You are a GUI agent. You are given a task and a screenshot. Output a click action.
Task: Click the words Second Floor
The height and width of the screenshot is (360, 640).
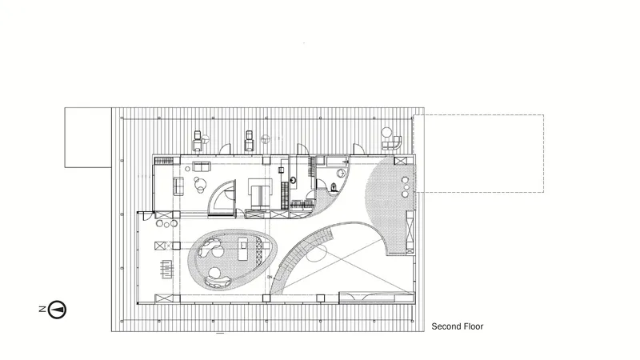[457, 326]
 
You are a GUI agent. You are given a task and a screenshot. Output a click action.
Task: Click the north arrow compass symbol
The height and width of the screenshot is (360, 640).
[57, 310]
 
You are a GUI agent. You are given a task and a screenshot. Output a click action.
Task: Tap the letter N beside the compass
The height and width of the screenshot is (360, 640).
[42, 309]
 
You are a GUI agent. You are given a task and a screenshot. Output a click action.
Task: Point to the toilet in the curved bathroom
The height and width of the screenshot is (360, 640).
[334, 187]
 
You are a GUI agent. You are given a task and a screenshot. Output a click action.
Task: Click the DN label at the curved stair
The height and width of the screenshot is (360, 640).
[270, 277]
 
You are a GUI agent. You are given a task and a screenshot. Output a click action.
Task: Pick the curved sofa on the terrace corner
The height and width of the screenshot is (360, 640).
[392, 143]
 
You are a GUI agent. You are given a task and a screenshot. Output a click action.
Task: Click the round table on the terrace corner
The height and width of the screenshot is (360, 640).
[386, 132]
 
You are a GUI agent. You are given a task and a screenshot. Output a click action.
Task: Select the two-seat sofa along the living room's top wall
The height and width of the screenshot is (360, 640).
[202, 166]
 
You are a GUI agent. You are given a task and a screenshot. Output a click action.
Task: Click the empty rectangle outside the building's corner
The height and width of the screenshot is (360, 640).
[88, 138]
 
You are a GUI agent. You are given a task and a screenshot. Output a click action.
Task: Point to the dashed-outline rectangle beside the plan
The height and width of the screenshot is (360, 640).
[478, 154]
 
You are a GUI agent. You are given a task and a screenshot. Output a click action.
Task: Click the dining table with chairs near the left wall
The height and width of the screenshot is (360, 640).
[166, 270]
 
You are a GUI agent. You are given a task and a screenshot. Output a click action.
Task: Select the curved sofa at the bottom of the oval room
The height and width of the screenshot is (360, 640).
[217, 282]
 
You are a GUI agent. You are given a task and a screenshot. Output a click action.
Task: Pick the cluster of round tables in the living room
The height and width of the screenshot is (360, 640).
[199, 185]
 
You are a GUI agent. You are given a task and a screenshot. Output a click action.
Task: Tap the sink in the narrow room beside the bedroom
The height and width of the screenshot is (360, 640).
[294, 179]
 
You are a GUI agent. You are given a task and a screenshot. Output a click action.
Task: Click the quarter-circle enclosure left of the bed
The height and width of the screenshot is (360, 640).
[222, 198]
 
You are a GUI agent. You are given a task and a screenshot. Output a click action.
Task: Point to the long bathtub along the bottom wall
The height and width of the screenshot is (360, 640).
[376, 297]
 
